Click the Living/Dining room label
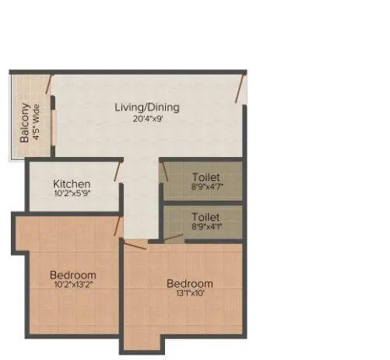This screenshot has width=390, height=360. click(147, 107)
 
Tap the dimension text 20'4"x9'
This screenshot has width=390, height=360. click(147, 119)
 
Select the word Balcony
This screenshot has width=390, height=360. click(26, 122)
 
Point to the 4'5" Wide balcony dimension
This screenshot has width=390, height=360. click(37, 124)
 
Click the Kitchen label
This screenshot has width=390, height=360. click(72, 183)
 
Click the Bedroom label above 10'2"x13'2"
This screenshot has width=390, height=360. click(72, 274)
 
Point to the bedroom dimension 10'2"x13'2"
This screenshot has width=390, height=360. click(72, 285)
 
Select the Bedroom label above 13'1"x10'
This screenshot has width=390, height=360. click(189, 283)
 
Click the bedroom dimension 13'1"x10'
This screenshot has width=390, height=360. click(189, 294)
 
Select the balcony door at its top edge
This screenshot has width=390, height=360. click(48, 84)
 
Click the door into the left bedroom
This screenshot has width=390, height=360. click(118, 226)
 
